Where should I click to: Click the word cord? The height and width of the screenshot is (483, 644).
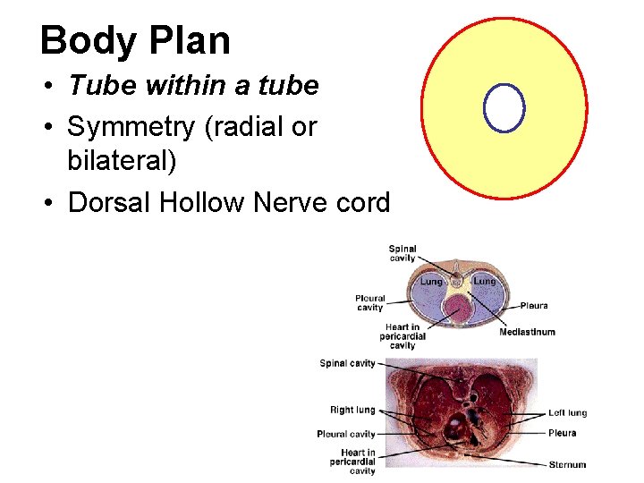pyautogui.click(x=362, y=203)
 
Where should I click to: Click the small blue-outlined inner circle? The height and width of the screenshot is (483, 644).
pyautogui.click(x=504, y=108)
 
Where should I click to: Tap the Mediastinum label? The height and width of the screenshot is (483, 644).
pyautogui.click(x=527, y=332)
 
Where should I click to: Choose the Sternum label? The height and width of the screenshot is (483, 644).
pyautogui.click(x=568, y=464)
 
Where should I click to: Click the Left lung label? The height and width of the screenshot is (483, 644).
pyautogui.click(x=567, y=413)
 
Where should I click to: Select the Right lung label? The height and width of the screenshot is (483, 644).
pyautogui.click(x=352, y=410)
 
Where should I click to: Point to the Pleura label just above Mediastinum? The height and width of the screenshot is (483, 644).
pyautogui.click(x=535, y=306)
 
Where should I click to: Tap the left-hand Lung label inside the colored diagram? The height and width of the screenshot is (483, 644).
pyautogui.click(x=431, y=282)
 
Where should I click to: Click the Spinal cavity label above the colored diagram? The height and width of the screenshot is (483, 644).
pyautogui.click(x=402, y=253)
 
